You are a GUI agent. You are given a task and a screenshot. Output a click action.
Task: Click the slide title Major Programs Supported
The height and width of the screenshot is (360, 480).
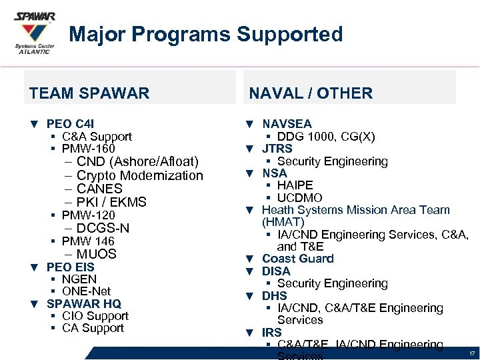click(x=205, y=34)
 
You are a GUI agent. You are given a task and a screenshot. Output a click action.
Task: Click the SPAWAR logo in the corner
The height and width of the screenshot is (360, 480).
click(x=35, y=31)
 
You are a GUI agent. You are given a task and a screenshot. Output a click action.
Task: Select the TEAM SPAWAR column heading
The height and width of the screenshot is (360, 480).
click(x=89, y=93)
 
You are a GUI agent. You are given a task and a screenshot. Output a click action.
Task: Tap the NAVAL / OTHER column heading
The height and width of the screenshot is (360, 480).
click(x=311, y=93)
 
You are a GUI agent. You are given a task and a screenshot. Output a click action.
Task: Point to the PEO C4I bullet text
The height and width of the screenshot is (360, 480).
click(x=71, y=124)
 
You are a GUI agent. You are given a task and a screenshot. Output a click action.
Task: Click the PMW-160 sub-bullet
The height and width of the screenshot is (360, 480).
click(x=88, y=148)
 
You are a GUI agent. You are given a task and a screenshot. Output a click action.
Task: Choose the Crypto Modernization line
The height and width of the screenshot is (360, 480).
click(x=139, y=175)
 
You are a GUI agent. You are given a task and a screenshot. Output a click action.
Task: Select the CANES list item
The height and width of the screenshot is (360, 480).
click(x=99, y=189)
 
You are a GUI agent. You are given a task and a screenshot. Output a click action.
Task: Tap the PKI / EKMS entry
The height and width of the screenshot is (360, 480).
click(x=111, y=202)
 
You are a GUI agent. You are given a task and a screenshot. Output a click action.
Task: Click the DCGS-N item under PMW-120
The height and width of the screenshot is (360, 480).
click(x=103, y=228)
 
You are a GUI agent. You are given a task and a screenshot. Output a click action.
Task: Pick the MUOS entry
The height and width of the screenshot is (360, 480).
click(x=96, y=254)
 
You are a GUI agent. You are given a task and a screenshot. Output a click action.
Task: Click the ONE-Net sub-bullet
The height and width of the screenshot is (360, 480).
click(x=86, y=291)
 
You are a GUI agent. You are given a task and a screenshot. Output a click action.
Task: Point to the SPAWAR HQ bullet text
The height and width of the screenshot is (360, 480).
click(x=83, y=303)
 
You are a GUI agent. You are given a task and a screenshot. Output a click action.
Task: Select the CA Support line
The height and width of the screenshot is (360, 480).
click(x=93, y=328)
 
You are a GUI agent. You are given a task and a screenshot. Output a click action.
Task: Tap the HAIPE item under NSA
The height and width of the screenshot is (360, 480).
click(x=295, y=185)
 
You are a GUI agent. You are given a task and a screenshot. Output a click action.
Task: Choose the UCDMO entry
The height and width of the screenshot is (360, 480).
click(x=299, y=198)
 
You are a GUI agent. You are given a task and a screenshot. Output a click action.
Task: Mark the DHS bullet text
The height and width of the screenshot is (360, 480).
click(x=275, y=295)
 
